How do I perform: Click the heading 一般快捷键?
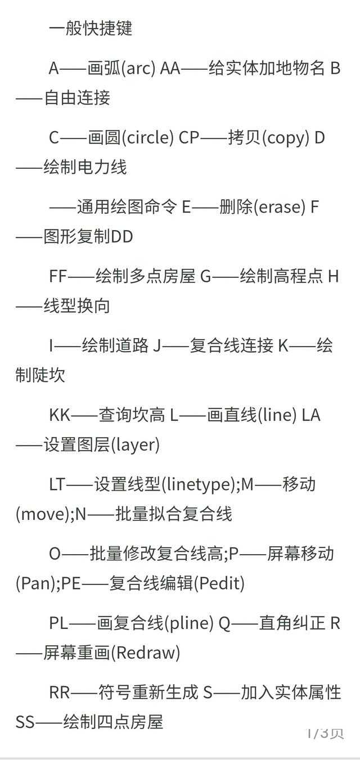coord(91,28)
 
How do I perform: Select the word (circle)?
coord(147,138)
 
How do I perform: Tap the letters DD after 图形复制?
coord(122,236)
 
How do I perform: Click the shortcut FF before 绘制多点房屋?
coord(58,276)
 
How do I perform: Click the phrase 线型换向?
coord(76,305)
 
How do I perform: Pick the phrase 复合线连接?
coord(231,345)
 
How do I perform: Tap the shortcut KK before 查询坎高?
coord(60,415)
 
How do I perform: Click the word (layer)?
coord(134,445)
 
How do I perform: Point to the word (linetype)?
coord(198,484)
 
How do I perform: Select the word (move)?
coord(42,514)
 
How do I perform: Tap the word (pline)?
coord(189,624)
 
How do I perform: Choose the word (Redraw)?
coord(145,653)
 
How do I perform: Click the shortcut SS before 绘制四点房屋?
coord(25,722)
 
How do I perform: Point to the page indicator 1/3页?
coord(325,733)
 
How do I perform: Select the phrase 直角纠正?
coord(292,623)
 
